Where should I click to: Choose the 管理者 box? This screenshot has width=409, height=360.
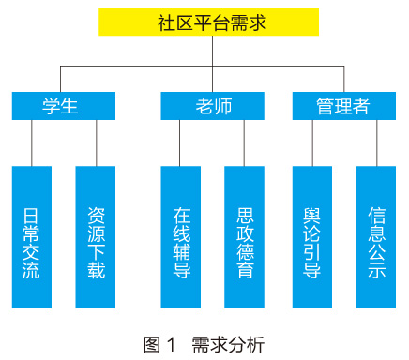(x=343, y=106)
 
